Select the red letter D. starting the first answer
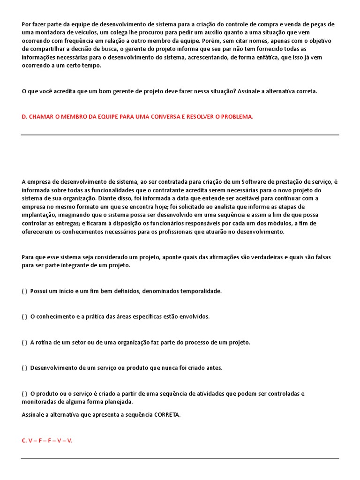[24, 117]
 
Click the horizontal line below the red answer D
[180, 135]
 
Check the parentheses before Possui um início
[24, 291]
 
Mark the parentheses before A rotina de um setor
[24, 342]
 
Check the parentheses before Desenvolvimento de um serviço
[24, 368]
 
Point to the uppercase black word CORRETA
[166, 415]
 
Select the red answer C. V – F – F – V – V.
[46, 441]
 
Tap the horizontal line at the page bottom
[180, 458]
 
